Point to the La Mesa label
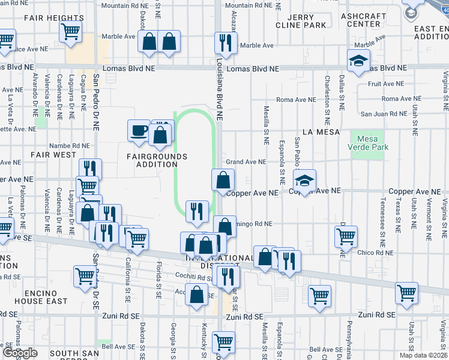click(x=321, y=131)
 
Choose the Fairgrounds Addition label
click(x=157, y=160)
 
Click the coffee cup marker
click(x=139, y=130)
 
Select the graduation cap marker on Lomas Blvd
click(x=359, y=61)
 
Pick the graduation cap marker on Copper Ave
click(x=305, y=181)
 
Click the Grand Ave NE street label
click(x=246, y=162)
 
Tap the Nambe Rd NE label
click(x=70, y=145)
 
